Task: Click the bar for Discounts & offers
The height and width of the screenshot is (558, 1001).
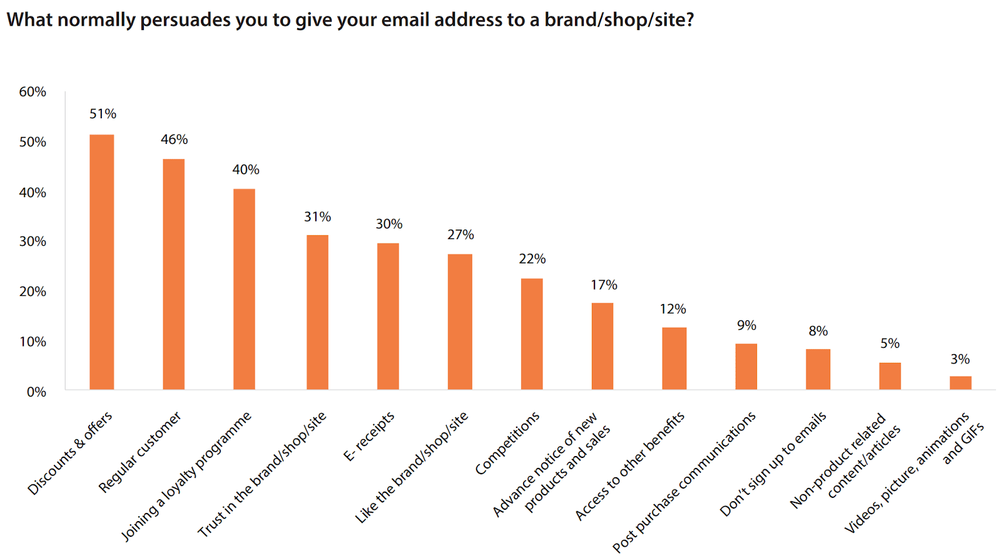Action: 102,262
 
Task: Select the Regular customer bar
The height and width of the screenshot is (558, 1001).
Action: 173,275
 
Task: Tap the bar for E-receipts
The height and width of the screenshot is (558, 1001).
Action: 388,317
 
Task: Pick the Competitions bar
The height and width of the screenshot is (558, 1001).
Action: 532,334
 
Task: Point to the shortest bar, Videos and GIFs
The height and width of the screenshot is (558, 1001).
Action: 960,383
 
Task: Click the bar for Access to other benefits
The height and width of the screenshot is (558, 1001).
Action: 674,358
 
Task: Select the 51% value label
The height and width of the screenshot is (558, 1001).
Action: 103,114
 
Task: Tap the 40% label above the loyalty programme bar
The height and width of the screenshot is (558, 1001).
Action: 246,170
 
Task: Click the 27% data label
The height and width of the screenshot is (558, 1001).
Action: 460,235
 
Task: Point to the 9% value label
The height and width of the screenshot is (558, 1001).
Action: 747,325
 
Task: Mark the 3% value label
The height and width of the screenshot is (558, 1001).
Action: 960,359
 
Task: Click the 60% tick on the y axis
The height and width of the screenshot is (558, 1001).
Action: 33,92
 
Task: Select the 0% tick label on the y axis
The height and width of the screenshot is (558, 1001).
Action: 36,392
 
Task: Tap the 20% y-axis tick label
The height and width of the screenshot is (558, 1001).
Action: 33,292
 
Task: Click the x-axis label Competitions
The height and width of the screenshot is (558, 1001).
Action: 507,443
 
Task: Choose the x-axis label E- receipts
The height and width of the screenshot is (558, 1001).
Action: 369,436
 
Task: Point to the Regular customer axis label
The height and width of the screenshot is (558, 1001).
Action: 140,452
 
